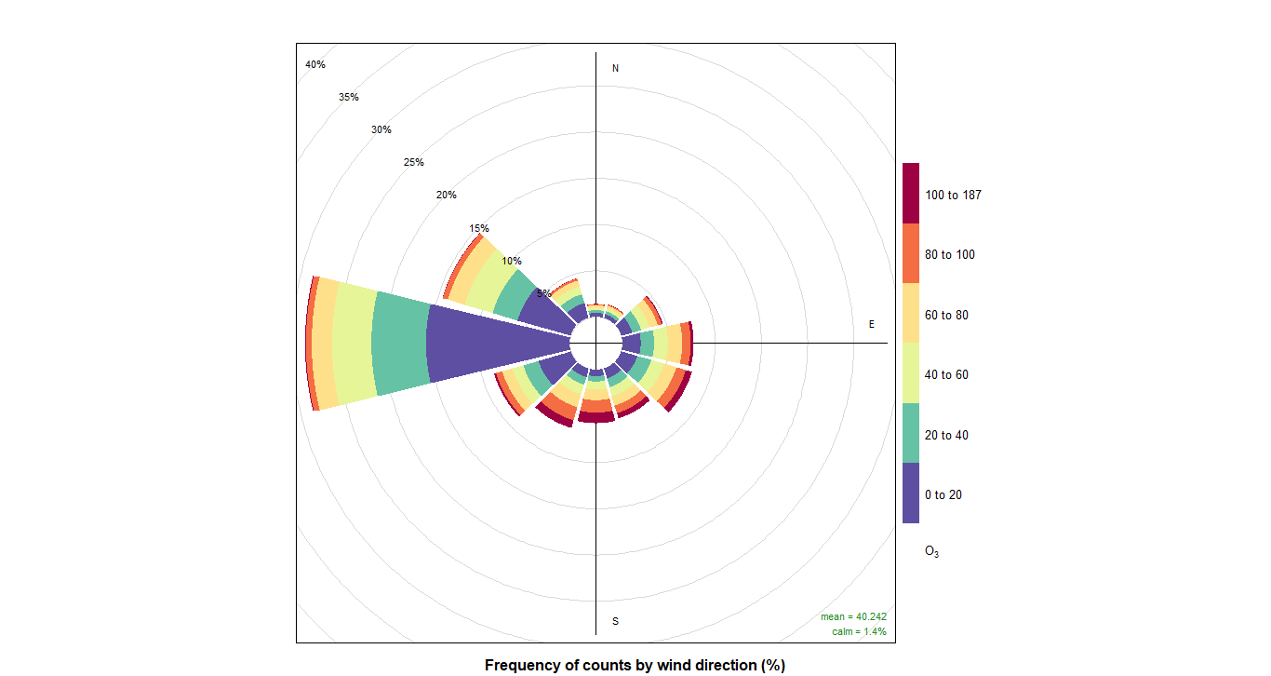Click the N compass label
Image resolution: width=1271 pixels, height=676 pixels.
(615, 68)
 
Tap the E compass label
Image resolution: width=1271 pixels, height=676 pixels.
(872, 324)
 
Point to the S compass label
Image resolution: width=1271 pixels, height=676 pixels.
(615, 621)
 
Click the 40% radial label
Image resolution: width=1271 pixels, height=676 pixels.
(315, 64)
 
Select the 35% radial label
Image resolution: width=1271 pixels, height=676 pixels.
(349, 97)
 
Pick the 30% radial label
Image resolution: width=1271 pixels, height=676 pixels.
(381, 129)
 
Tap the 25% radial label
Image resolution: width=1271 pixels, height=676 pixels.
(414, 162)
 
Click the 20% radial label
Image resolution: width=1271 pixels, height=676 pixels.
(447, 195)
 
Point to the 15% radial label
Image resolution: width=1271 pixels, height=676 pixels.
(479, 228)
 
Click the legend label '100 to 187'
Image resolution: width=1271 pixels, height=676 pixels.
(953, 196)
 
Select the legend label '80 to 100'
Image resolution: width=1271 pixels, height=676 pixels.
(950, 254)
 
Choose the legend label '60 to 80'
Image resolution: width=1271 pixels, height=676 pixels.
(946, 315)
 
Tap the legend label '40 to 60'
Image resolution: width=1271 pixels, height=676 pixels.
(946, 374)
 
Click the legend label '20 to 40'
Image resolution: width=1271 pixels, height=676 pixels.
(946, 435)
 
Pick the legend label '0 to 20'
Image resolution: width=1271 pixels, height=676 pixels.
(943, 494)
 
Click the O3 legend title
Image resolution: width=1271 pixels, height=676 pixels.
(931, 551)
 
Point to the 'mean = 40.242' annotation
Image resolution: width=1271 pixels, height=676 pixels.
(853, 616)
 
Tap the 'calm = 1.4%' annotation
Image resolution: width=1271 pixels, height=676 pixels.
(859, 631)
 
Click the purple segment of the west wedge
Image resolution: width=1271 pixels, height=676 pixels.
(493, 343)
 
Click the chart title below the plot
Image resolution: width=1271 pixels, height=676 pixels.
(635, 665)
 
